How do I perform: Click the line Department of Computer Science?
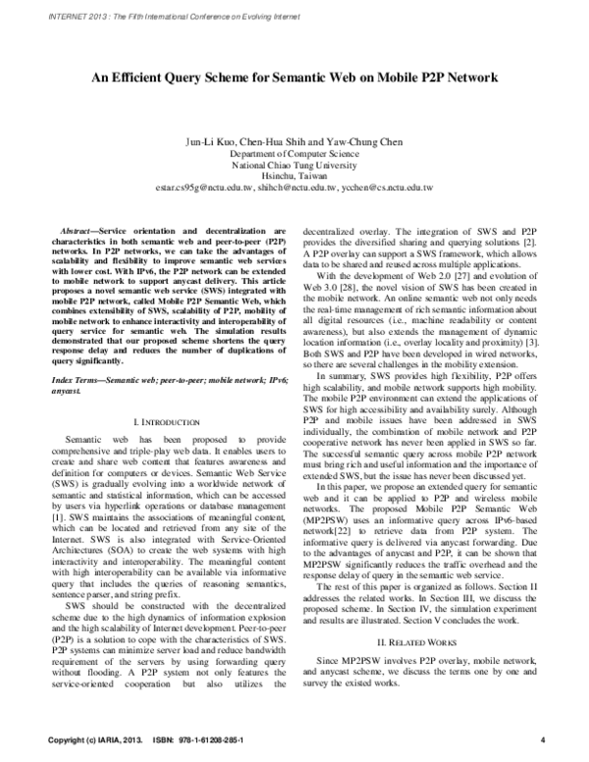point(294,154)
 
